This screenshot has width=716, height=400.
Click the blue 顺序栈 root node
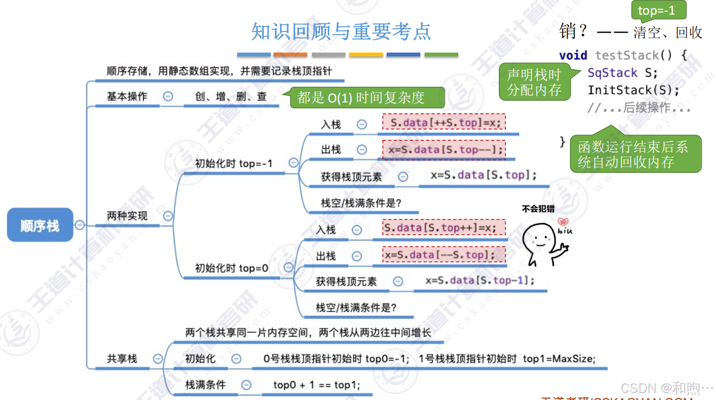[40, 225]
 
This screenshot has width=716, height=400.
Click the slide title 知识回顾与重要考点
[341, 31]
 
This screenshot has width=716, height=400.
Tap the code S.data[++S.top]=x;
[444, 122]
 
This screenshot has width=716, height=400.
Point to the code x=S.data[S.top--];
[444, 149]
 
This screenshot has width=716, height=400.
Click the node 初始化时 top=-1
[233, 163]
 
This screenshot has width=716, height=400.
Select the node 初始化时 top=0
[231, 268]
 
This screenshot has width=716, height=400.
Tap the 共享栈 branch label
[122, 358]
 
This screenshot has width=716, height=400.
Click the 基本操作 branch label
[127, 96]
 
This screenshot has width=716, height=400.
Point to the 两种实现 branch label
[127, 216]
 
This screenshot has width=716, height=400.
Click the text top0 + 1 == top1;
[316, 385]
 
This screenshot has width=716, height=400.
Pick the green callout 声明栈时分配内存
[534, 82]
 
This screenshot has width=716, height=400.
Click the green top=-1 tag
[656, 10]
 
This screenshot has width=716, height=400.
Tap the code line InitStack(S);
[633, 90]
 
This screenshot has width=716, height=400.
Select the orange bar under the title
[290, 55]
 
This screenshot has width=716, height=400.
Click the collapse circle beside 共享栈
[158, 358]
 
